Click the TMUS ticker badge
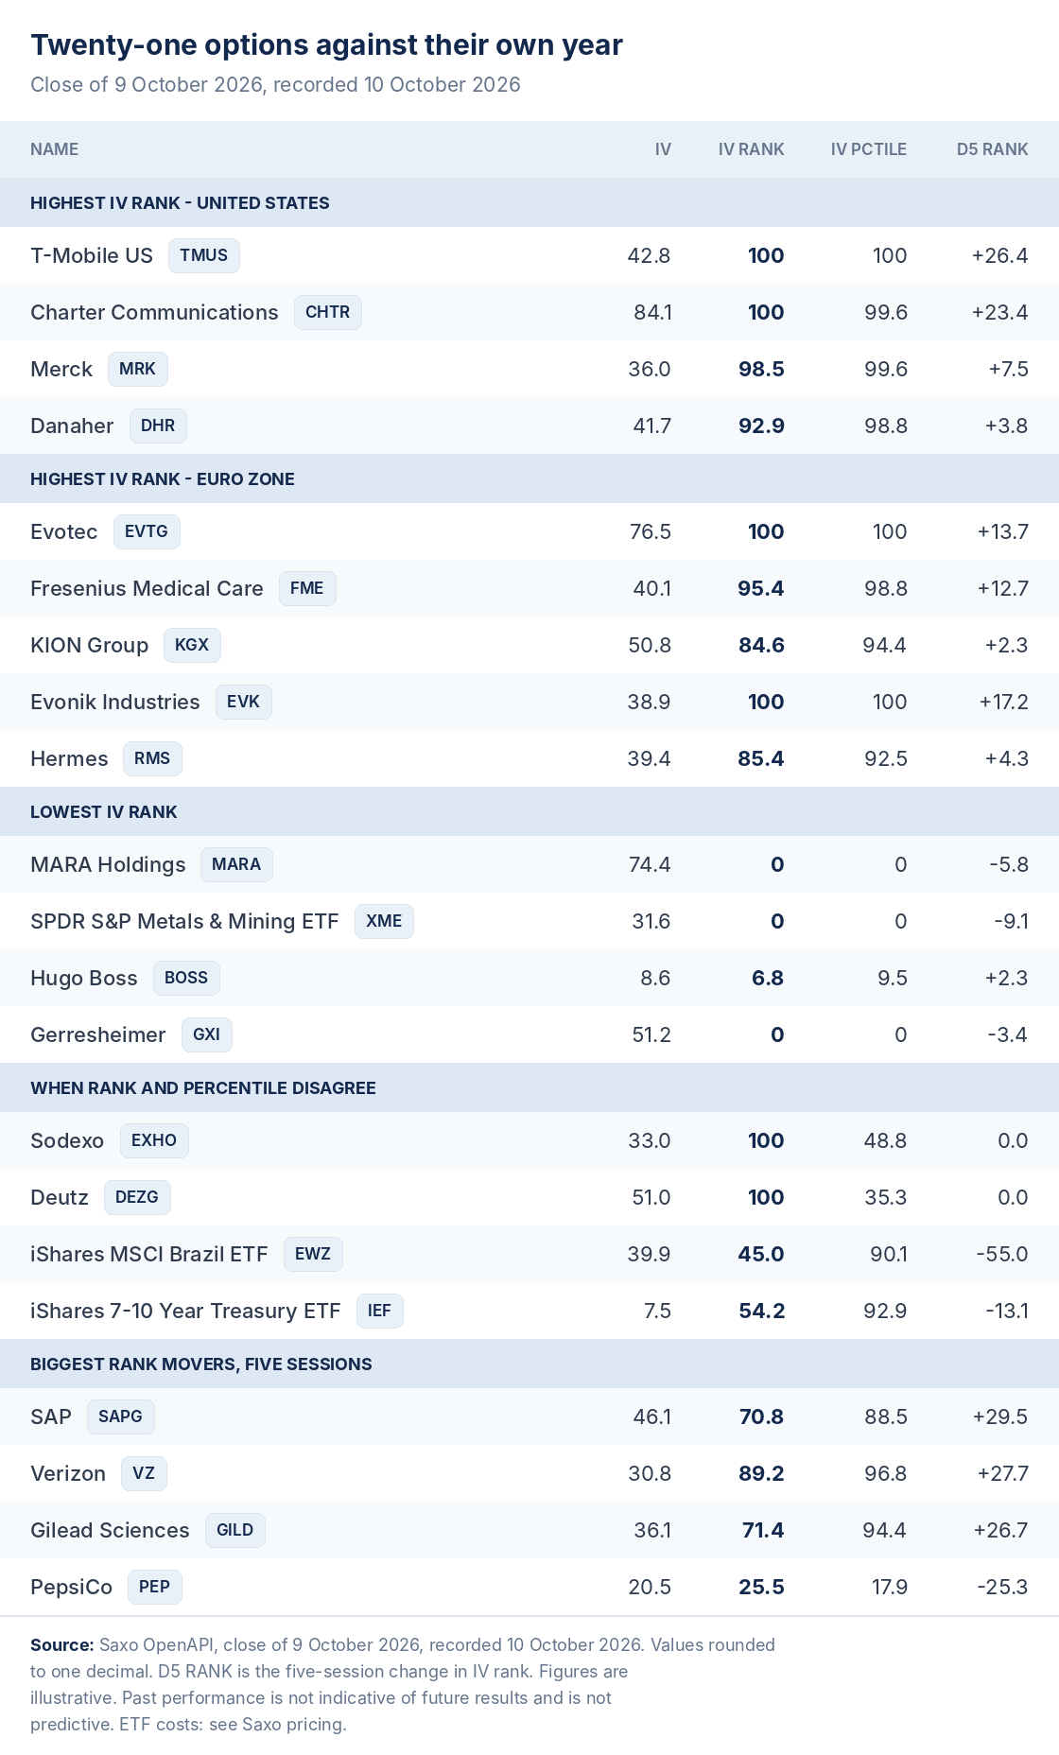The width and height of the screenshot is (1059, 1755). [x=204, y=255]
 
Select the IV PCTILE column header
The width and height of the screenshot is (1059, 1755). [x=868, y=149]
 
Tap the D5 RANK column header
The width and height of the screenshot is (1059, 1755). [x=992, y=149]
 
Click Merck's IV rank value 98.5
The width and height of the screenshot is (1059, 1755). [x=761, y=369]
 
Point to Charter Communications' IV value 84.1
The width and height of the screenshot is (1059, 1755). [x=652, y=312]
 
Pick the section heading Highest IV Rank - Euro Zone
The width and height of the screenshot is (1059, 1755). [x=163, y=478]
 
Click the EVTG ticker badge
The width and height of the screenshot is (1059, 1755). [x=147, y=531]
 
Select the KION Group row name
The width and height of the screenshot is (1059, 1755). [x=89, y=645]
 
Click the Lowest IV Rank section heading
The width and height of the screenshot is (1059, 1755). [x=104, y=811]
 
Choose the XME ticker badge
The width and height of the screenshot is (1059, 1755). [x=384, y=921]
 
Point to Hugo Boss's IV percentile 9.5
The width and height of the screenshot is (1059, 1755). [x=893, y=978]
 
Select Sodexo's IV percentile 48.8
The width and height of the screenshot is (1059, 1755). [x=885, y=1140]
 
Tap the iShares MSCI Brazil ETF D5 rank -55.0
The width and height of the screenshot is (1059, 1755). [x=1002, y=1254]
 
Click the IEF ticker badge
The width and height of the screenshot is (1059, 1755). [x=380, y=1311]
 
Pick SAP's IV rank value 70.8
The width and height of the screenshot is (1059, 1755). [x=761, y=1416]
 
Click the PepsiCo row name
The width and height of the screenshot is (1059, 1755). [x=71, y=1587]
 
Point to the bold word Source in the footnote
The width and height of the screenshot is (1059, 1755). [x=61, y=1644]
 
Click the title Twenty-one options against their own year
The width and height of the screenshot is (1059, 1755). [x=326, y=44]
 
